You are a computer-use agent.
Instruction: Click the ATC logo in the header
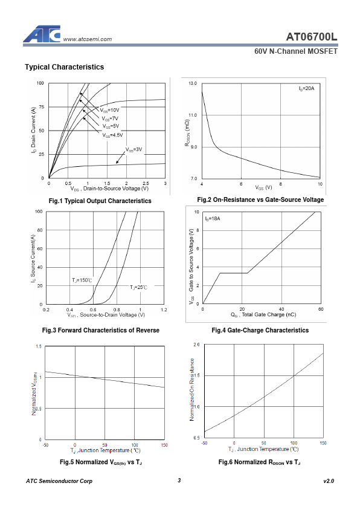coord(42,34)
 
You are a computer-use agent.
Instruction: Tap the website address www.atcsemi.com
coord(88,39)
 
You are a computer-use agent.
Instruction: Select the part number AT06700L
coord(312,37)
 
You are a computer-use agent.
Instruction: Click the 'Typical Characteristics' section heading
coord(64,67)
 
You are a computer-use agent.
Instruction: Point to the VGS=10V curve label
coord(109,110)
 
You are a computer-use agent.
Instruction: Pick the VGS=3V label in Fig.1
coord(133,150)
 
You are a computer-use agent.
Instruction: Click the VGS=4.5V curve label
coord(112,135)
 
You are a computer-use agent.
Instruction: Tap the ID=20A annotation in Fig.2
coord(306,89)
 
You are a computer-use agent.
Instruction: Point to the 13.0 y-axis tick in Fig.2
coord(193,83)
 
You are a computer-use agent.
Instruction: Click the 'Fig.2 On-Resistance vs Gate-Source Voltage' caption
coord(260,199)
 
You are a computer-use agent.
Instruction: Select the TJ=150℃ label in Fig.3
coord(82,280)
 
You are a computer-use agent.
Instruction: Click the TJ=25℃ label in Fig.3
coord(138,287)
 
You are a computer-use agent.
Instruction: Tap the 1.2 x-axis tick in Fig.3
coord(164,310)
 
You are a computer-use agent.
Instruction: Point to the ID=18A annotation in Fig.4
coord(213,218)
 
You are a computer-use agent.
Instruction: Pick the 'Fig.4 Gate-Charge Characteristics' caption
coord(260,330)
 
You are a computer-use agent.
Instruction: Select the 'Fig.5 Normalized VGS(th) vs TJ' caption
coord(101,462)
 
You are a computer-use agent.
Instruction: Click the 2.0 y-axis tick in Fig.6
coord(196,345)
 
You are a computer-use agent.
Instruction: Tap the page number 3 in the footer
coord(179,481)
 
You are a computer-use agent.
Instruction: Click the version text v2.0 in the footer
coord(329,481)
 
